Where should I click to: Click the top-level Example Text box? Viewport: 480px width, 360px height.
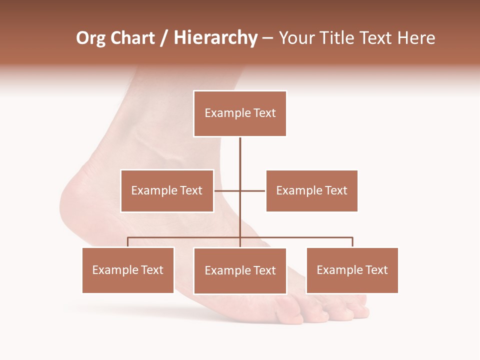240,113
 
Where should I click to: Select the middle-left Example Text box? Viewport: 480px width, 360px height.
167,190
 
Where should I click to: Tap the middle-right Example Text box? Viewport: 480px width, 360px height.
311,190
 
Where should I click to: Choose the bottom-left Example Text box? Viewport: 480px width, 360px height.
128,270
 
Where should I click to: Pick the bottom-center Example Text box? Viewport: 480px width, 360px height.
240,270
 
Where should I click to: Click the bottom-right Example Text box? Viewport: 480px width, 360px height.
352,270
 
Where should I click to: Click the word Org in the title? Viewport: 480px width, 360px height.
90,38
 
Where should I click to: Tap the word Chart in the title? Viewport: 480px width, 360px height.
132,38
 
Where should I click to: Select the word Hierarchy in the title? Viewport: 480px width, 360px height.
215,38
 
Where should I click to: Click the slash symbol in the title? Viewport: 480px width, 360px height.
164,38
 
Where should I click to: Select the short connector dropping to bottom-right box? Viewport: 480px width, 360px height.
352,242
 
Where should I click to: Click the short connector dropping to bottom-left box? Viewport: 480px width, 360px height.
128,242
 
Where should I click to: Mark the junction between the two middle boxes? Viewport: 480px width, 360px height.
240,190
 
